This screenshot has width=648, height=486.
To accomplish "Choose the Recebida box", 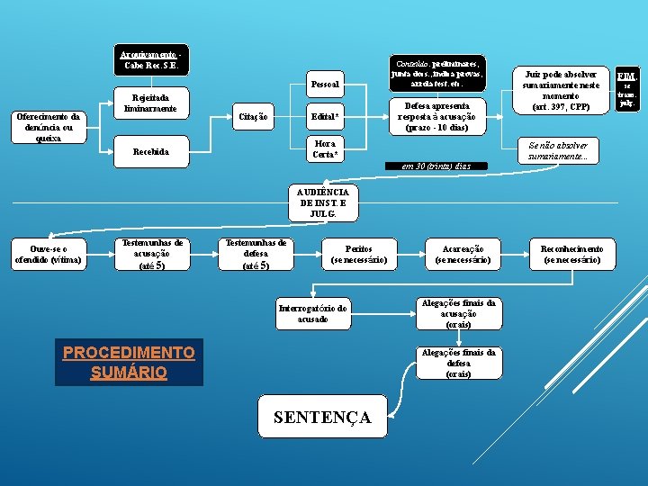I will (149, 151).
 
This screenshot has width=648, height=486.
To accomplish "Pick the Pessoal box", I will (325, 85).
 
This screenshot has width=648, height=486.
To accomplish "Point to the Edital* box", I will (325, 117).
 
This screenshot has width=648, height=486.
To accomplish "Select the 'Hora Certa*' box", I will (325, 149).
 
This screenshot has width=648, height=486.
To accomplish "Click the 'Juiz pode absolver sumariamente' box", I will (556, 90).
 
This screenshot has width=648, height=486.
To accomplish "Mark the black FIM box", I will (626, 88).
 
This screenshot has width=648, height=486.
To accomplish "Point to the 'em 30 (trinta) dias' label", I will (436, 166).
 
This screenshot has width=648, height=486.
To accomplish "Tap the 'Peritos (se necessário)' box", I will (359, 254).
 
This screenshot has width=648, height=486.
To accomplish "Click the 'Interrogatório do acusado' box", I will (312, 313).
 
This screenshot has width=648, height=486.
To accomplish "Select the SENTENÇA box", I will (321, 418).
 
